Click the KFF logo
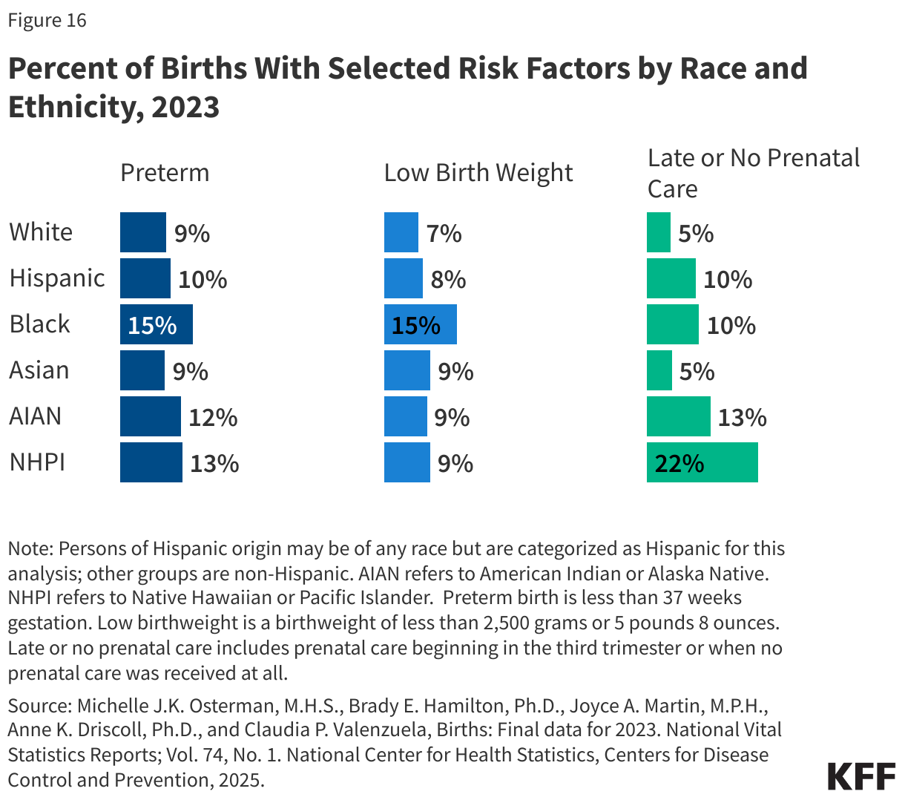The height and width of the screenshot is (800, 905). [860, 776]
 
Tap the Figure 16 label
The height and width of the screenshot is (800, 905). [47, 20]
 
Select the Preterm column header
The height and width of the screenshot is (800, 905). [165, 173]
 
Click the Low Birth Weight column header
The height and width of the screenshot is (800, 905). [478, 173]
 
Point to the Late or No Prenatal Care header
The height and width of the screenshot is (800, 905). [752, 173]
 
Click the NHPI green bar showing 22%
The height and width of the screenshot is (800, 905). [702, 463]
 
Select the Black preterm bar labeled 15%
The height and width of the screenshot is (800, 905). [157, 325]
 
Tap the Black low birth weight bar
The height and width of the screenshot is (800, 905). [420, 325]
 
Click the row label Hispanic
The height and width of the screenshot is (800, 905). [57, 278]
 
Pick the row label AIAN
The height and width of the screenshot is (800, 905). [35, 416]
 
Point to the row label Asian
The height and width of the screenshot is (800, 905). [39, 370]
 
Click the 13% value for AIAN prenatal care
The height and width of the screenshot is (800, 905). [742, 418]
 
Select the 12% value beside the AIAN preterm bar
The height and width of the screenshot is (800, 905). [213, 418]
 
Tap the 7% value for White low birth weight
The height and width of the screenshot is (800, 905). [444, 234]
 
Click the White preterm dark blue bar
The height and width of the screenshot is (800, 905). [142, 232]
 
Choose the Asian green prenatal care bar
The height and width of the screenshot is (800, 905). [659, 370]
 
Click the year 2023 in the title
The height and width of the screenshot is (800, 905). [185, 107]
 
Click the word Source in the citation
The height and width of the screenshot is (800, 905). [37, 704]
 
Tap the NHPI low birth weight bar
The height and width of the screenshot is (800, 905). [407, 463]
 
